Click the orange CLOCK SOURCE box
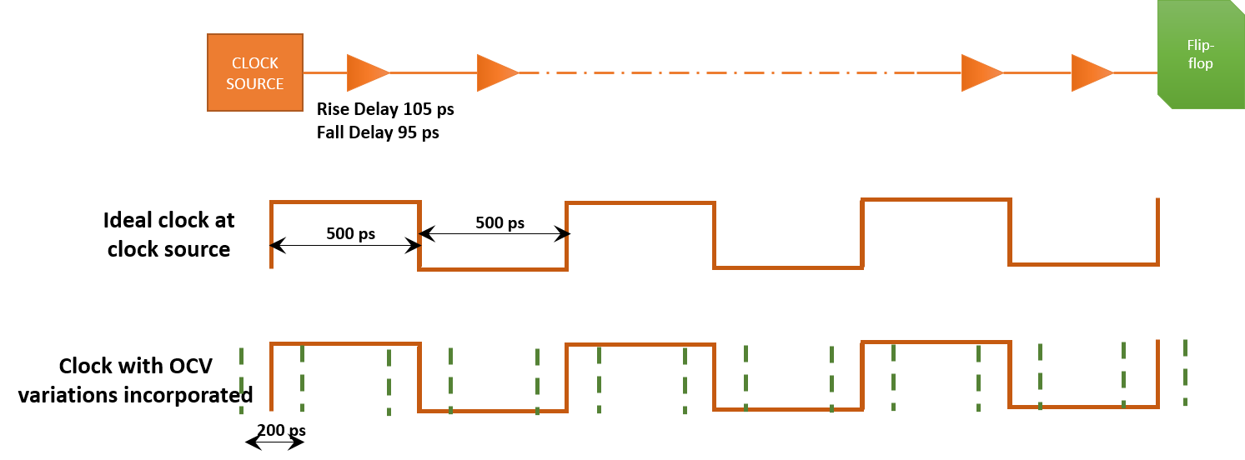[x=255, y=72]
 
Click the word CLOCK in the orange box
[x=255, y=63]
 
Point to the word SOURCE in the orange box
[x=255, y=84]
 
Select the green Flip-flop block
[x=1199, y=55]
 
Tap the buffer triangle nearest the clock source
[x=366, y=72]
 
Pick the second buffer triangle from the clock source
[x=496, y=72]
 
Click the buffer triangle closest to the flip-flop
[x=1091, y=72]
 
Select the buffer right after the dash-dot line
[x=981, y=72]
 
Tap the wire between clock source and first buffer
[x=324, y=72]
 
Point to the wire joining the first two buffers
[x=433, y=72]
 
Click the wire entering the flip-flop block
[x=1136, y=72]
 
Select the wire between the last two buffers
[x=1037, y=72]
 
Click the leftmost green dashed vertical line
[x=241, y=380]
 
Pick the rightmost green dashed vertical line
[x=1185, y=372]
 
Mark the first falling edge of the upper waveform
[x=419, y=236]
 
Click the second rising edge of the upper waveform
[x=567, y=236]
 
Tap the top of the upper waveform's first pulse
[x=344, y=202]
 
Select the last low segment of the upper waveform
[x=1083, y=264]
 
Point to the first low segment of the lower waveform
[x=492, y=410]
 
